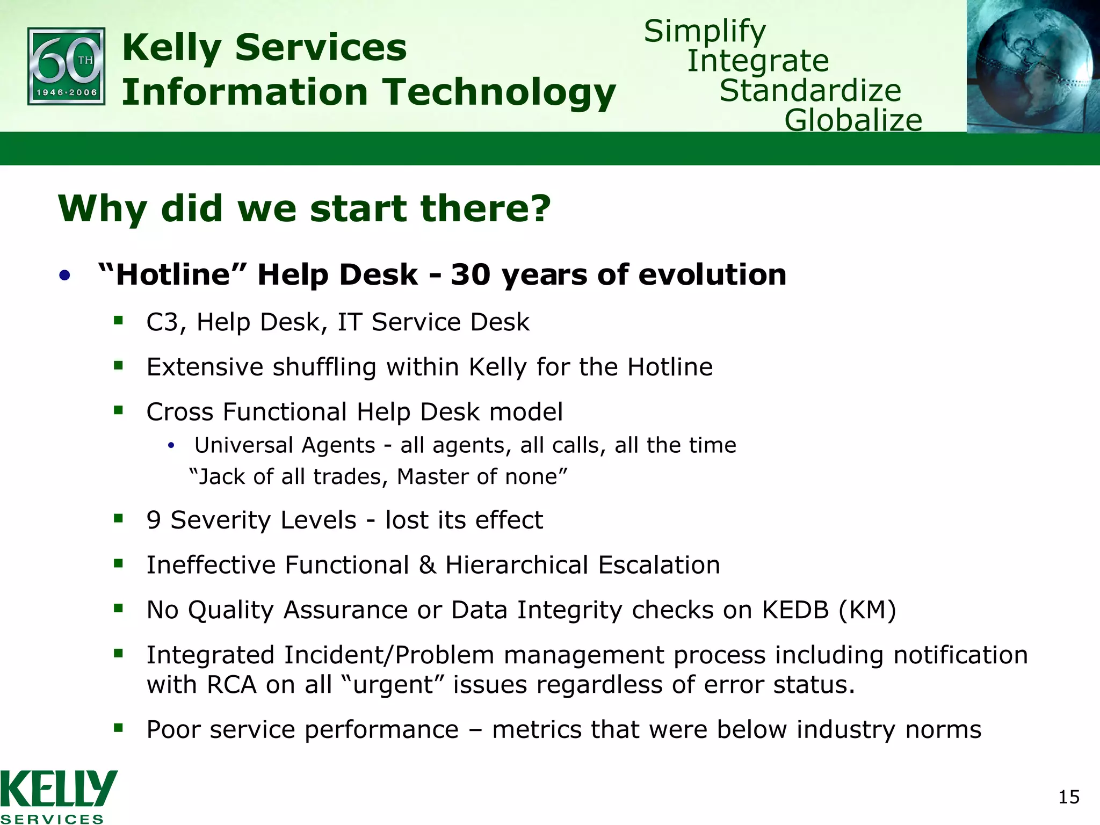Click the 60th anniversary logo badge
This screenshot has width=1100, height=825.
click(66, 66)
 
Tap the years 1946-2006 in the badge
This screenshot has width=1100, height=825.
click(67, 92)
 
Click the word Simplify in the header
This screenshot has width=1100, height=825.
click(705, 32)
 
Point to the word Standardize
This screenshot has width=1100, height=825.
click(810, 90)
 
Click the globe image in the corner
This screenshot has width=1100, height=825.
click(1032, 66)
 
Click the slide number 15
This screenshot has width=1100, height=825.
click(1068, 797)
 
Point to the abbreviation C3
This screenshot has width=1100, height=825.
click(163, 323)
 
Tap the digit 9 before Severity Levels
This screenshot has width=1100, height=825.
click(154, 520)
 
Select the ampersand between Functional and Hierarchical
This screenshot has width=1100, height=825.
click(427, 566)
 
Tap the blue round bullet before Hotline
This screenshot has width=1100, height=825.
click(65, 276)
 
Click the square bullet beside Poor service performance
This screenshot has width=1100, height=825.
click(119, 728)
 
